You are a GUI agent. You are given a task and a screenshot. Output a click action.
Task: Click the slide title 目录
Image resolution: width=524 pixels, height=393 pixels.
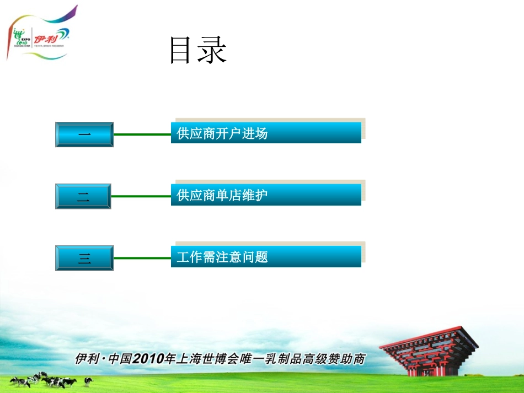point(198,51)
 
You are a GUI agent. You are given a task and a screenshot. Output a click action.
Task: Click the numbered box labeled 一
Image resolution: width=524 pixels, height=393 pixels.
point(84,134)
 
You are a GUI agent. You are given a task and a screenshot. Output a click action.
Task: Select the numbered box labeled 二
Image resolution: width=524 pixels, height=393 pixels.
point(83,196)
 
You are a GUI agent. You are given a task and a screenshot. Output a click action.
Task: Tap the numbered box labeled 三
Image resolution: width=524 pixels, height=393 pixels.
point(84,258)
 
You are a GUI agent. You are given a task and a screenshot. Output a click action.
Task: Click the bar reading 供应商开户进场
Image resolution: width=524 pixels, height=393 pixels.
point(266,133)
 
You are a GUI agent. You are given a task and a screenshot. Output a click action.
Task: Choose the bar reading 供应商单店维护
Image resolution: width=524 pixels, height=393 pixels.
point(266,195)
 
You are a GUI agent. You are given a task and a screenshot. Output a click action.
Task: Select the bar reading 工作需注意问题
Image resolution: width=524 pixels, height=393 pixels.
point(266,257)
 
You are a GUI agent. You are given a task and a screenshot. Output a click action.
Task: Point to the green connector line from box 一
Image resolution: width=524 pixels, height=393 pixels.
point(142,134)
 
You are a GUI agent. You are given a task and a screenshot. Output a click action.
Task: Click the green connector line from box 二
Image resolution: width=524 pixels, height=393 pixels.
point(141,196)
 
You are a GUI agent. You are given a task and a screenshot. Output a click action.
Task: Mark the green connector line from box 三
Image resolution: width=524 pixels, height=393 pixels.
point(142,257)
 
